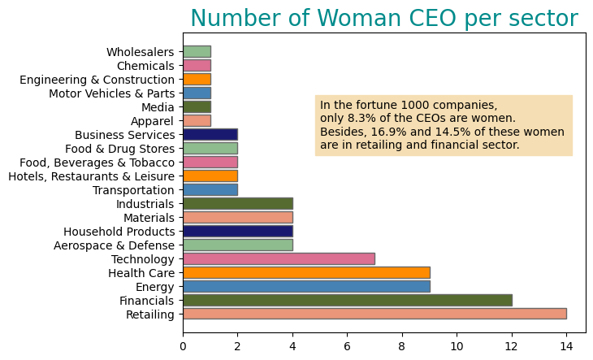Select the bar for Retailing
(374, 314)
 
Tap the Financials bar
(347, 300)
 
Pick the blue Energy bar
(306, 286)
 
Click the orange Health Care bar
(306, 272)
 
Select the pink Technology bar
(279, 258)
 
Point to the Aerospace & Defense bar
(237, 245)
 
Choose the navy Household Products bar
(237, 231)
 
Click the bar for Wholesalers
(197, 52)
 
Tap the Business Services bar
(210, 135)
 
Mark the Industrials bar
(237, 203)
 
